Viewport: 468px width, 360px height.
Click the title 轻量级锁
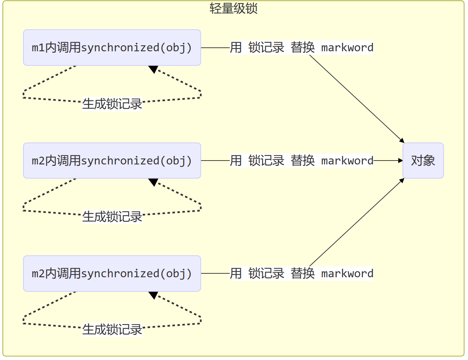[x=233, y=8]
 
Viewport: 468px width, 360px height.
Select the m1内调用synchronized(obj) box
[x=112, y=48]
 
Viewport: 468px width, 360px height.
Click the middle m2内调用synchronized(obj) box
[x=112, y=161]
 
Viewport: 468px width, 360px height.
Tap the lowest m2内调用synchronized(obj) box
[x=112, y=273]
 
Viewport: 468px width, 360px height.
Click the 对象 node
[x=423, y=161]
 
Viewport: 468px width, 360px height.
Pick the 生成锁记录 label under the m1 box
[x=112, y=104]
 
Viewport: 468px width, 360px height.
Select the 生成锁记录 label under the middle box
[x=112, y=217]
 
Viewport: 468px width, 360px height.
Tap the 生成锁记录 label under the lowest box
[x=112, y=330]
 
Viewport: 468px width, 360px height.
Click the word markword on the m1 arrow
[x=347, y=48]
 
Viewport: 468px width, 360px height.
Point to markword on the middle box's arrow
[x=347, y=161]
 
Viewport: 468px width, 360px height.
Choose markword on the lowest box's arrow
[x=347, y=273]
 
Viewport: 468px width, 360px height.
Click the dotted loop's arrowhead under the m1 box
[x=153, y=69]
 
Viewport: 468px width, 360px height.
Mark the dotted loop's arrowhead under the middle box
[x=153, y=182]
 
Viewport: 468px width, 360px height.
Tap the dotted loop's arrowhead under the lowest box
[x=153, y=295]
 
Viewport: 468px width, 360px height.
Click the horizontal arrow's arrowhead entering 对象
[x=400, y=161]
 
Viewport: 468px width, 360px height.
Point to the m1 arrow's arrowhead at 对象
[x=402, y=141]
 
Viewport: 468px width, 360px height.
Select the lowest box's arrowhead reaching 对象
[x=402, y=180]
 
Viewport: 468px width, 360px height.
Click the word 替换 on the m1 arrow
[x=303, y=48]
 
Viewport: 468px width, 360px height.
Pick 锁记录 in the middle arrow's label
[x=266, y=161]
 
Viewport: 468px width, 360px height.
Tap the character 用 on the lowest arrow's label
[x=236, y=273]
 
